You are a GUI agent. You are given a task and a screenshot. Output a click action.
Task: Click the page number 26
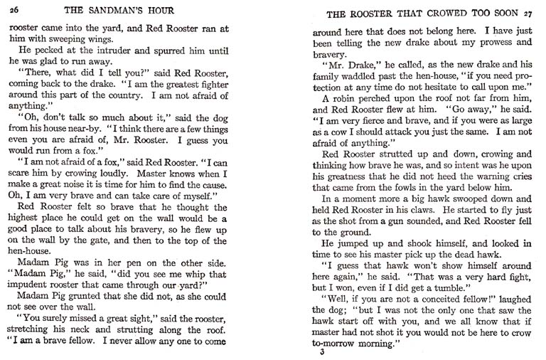tap(14, 10)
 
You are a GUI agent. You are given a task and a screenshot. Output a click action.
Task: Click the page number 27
tap(526, 14)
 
